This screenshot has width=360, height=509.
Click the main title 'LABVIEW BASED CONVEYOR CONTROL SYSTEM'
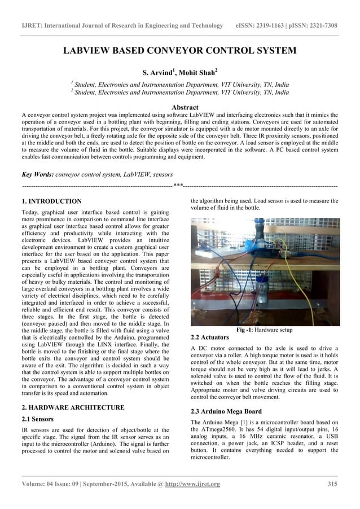[x=179, y=51]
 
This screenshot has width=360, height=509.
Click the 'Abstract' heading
[x=179, y=107]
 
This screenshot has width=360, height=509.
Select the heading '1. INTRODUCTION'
[x=51, y=201]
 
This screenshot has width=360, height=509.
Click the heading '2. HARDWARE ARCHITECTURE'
[x=72, y=407]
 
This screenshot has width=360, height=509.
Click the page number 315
[x=332, y=484]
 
